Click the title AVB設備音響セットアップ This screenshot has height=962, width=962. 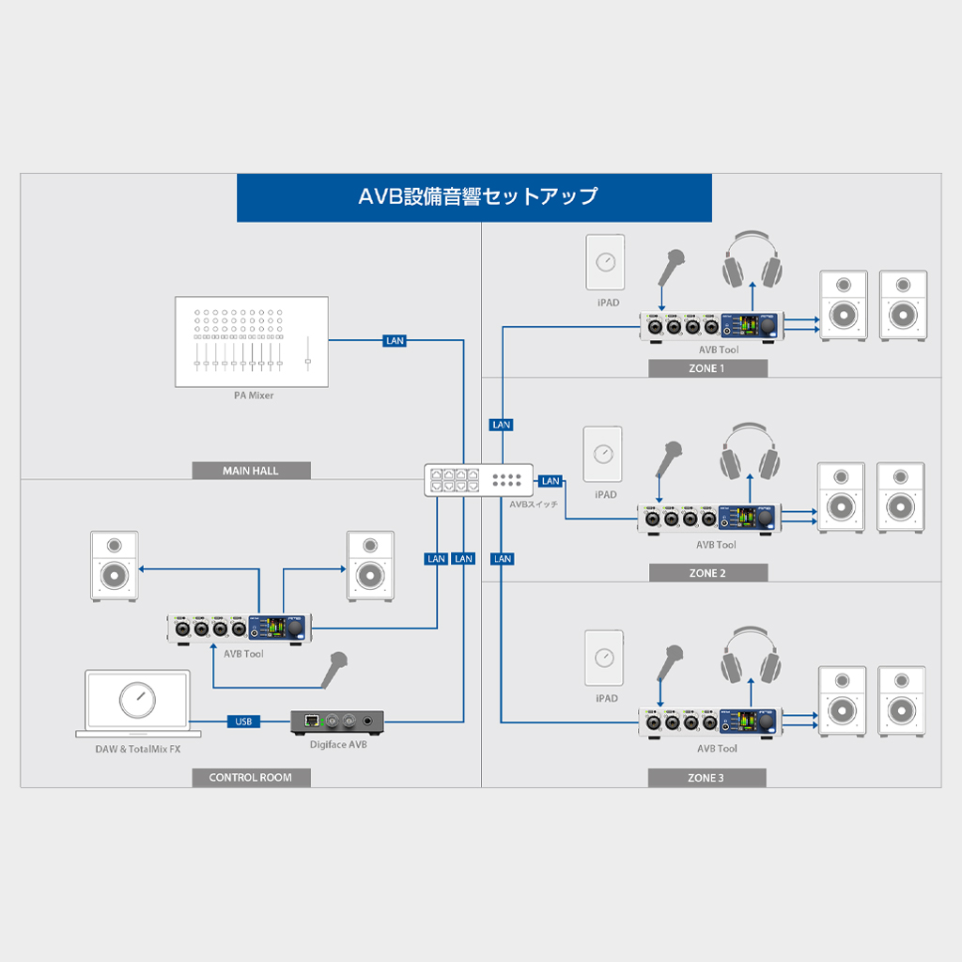tap(474, 197)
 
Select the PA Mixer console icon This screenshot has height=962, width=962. tap(252, 342)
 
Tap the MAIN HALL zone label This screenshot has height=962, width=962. tap(251, 471)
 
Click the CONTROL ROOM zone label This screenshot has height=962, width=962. tap(251, 778)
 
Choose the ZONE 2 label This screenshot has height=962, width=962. tap(707, 573)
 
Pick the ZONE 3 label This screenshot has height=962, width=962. tap(706, 778)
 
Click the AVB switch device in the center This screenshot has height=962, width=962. tap(478, 481)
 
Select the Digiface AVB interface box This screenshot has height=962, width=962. tap(338, 721)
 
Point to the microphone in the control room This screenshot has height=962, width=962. tap(334, 669)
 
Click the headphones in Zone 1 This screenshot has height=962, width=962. tap(753, 260)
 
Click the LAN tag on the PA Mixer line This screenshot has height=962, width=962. tap(395, 340)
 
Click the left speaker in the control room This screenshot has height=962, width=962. tap(114, 566)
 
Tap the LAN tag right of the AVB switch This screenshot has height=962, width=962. tap(551, 481)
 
